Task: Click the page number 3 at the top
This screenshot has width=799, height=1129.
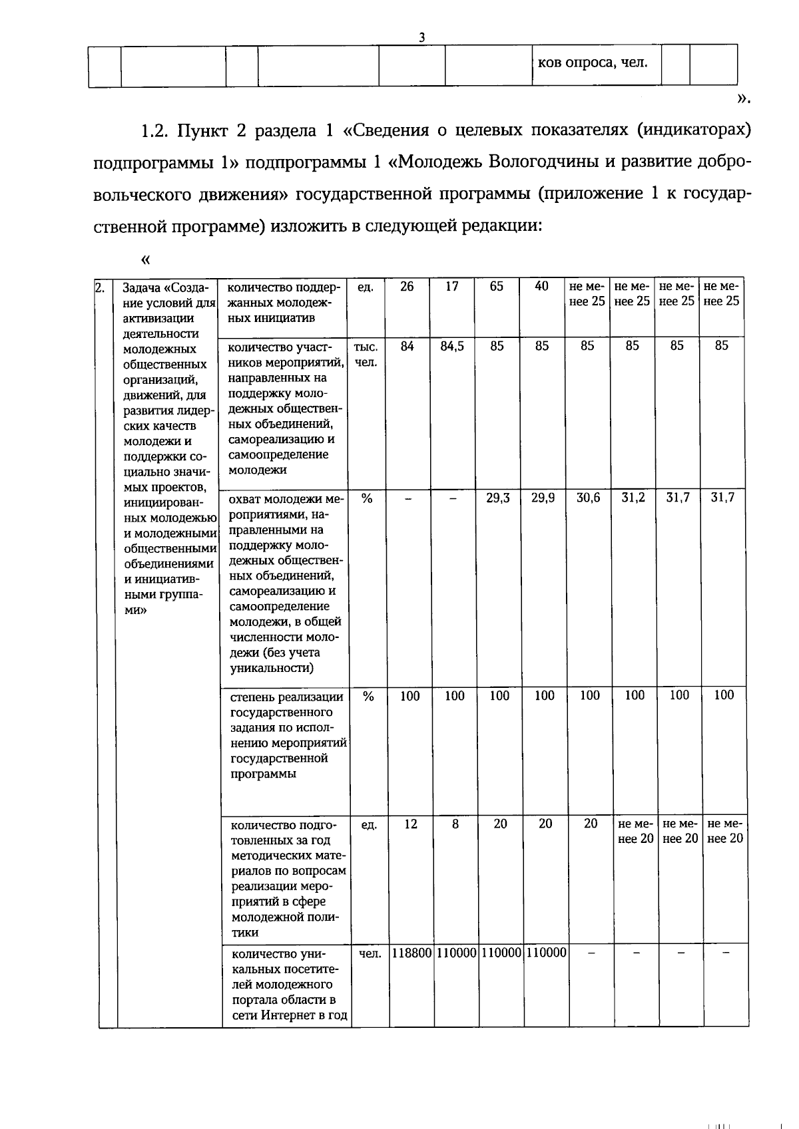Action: (x=421, y=38)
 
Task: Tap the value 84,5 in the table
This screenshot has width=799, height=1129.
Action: (x=452, y=346)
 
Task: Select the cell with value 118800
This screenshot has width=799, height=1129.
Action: (x=411, y=953)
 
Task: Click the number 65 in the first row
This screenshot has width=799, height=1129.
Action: (x=497, y=287)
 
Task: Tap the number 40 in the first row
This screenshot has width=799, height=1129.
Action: (x=542, y=287)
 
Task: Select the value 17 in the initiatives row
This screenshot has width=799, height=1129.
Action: (x=452, y=287)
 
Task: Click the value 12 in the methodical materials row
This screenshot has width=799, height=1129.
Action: (x=411, y=824)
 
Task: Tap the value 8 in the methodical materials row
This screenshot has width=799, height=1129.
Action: (x=455, y=824)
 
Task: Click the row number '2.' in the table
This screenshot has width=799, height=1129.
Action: (x=101, y=288)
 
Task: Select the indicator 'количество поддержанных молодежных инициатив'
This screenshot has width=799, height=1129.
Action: (x=284, y=302)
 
